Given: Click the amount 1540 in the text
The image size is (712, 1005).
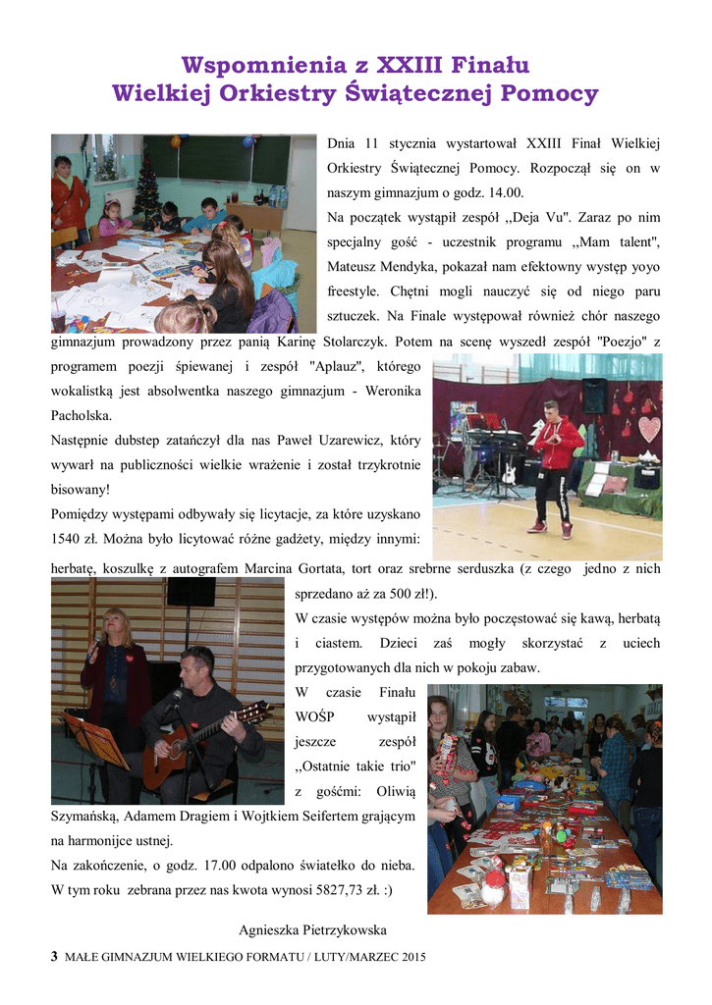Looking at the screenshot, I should click(72, 538).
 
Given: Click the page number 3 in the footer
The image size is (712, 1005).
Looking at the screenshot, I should click(54, 957).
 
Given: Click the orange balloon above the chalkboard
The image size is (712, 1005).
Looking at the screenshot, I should click(176, 141).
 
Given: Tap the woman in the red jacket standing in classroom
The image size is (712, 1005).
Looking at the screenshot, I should click(69, 195).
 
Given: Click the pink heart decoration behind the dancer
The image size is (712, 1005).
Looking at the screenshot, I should click(650, 429).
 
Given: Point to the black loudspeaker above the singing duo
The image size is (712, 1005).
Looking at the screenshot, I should click(191, 591).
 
